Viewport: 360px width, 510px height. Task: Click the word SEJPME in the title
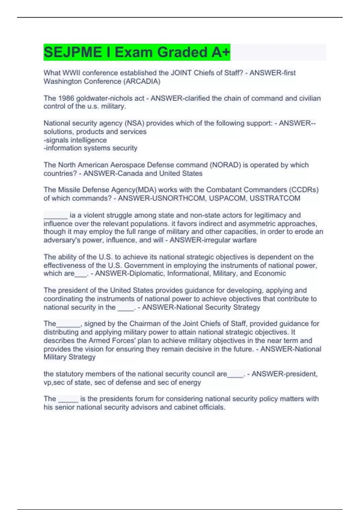73,52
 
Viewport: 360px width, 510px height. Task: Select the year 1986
66,98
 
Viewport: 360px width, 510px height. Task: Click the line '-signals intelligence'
75,140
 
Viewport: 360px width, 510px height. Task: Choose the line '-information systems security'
90,148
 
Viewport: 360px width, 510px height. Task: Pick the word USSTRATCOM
275,198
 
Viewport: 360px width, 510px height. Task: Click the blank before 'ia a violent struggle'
55,216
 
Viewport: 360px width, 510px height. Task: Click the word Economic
270,273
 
